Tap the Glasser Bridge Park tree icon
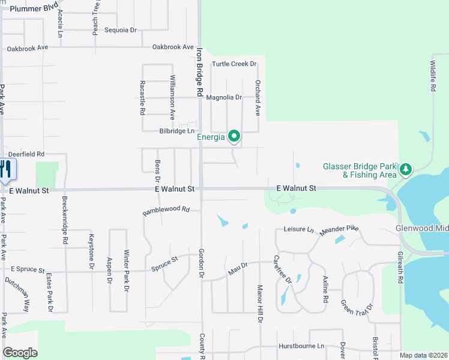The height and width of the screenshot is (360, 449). pos(406,170)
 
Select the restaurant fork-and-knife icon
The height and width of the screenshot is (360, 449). pos(6,170)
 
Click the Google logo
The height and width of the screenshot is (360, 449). pos(20,353)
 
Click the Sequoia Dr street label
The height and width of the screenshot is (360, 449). pos(121,30)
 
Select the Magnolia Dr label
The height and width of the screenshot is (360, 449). pos(223,97)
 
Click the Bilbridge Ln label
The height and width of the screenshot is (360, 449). pos(177,131)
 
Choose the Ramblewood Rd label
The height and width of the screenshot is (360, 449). pos(166,211)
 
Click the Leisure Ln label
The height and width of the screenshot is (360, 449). pos(298,229)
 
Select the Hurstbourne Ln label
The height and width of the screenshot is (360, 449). pos(301,346)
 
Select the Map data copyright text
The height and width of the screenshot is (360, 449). pos(423,355)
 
